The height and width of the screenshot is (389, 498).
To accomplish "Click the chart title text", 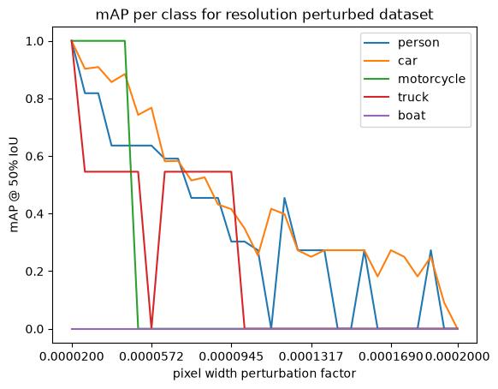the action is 264,15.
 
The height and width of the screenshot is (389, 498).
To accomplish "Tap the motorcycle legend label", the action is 431,79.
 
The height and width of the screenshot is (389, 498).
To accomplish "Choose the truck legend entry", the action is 413,97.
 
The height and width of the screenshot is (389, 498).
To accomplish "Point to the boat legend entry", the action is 412,115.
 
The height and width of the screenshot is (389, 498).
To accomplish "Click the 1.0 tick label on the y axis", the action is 35,41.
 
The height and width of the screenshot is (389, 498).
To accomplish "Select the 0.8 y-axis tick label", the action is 35,99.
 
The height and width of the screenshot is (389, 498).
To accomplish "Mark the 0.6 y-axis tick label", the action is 35,157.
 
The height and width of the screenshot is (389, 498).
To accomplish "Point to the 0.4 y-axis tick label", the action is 35,213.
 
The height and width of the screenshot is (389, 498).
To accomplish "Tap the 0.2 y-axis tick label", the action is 35,272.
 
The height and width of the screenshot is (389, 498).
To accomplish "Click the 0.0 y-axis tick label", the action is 35,329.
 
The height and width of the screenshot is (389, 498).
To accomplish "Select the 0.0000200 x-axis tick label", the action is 72,356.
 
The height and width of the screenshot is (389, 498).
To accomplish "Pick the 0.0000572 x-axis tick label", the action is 151,356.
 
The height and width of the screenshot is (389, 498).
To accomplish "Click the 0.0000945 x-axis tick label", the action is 231,356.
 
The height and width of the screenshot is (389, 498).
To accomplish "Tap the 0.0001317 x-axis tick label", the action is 311,356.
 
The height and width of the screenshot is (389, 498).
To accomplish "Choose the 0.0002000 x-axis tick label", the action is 457,356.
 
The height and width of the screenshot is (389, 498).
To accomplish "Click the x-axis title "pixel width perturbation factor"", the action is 264,374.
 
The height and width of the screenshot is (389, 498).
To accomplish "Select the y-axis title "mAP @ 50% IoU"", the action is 15,185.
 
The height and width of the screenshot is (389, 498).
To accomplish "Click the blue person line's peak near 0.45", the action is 285,198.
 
